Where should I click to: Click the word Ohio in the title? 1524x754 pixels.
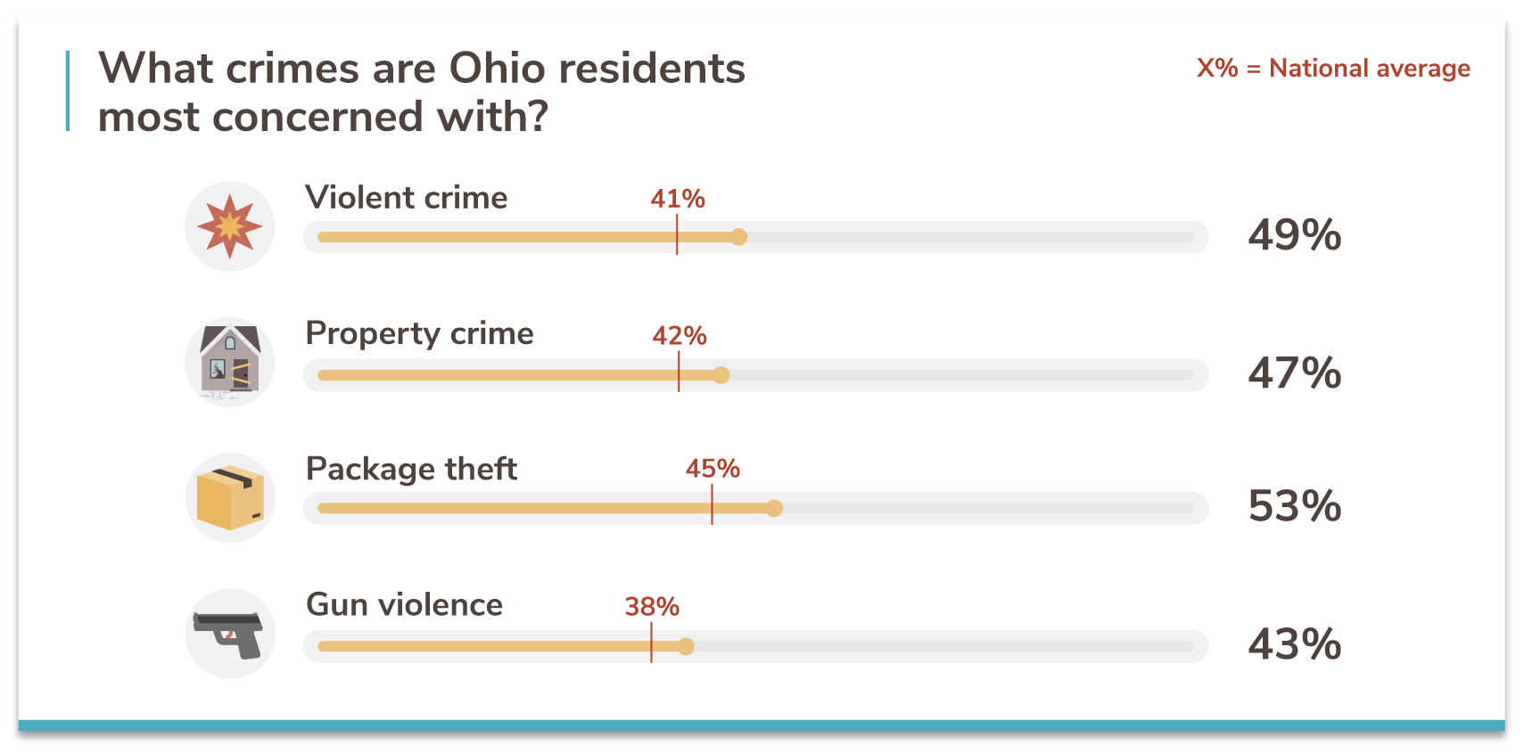coord(497,69)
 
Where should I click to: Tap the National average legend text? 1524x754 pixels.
coord(1369,69)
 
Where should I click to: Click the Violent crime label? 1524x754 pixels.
coord(407,198)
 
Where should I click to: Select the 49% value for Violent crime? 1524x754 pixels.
coord(1294,235)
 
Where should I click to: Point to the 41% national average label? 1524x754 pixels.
coord(678,199)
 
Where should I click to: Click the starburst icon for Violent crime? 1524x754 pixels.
coord(230,226)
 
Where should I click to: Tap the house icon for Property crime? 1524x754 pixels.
coord(230,362)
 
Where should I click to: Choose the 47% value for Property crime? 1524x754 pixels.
coord(1294,373)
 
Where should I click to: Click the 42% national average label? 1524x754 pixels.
coord(680,336)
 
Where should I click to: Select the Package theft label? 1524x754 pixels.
coord(411,469)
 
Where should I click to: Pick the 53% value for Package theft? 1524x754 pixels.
coord(1294,506)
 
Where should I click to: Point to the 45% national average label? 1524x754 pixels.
coord(713,469)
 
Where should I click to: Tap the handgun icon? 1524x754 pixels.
coord(230,634)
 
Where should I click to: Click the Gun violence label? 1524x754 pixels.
coord(405,605)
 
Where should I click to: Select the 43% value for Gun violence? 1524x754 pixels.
coord(1294,643)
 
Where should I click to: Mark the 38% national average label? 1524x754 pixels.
coord(652,607)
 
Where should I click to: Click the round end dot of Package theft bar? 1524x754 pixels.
coord(774,508)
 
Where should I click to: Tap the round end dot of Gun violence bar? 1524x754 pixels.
coord(686,646)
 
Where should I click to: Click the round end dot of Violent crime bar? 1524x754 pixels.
coord(738,237)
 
